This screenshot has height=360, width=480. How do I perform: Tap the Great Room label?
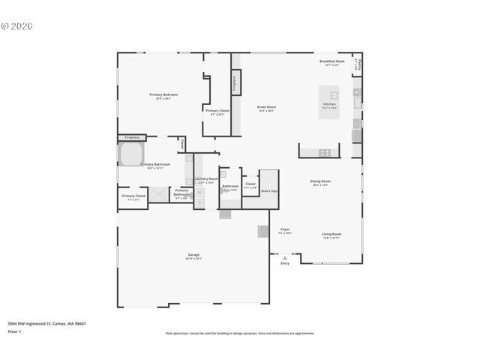click(267, 107)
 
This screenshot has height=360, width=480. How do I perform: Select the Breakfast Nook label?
click(331, 61)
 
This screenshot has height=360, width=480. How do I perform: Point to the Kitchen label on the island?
click(329, 104)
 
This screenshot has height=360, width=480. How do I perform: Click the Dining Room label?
click(321, 181)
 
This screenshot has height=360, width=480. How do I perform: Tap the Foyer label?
click(285, 229)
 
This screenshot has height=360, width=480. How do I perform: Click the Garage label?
click(193, 256)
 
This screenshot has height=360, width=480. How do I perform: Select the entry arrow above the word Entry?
click(284, 257)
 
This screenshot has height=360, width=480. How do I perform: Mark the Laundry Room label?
click(206, 179)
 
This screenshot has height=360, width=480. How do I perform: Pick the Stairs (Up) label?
click(269, 190)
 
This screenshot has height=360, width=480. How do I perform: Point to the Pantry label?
click(358, 64)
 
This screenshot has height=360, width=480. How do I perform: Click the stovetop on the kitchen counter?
click(325, 152)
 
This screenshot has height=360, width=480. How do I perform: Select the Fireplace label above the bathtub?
click(132, 138)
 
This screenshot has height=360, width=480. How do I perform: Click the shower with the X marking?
click(159, 194)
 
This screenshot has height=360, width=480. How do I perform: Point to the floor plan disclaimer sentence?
click(239, 333)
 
